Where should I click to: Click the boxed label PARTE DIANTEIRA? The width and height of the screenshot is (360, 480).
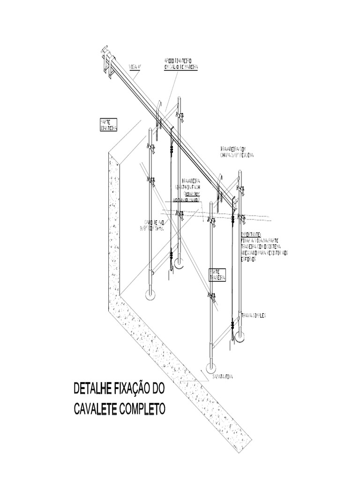point(108,125)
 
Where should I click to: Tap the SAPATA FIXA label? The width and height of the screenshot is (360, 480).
point(223,376)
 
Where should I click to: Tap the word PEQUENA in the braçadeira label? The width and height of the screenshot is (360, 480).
point(245,156)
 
